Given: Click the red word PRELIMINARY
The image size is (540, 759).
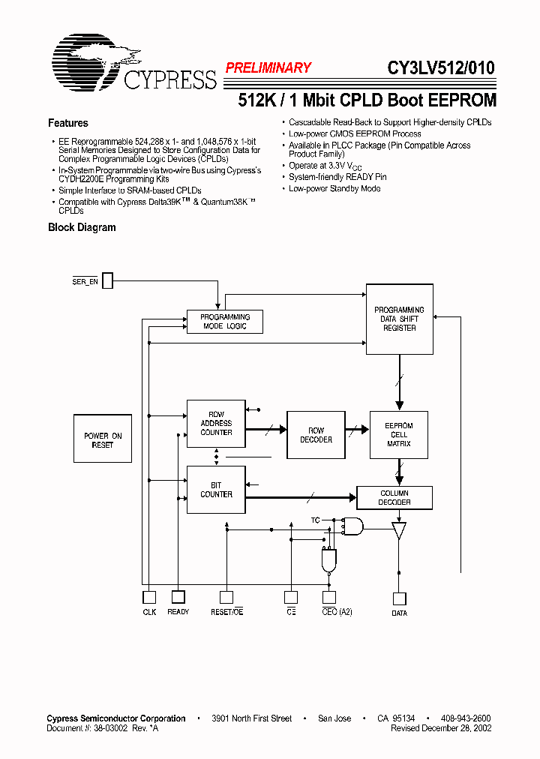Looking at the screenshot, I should pyautogui.click(x=268, y=67).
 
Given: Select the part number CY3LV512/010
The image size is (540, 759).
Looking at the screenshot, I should pyautogui.click(x=440, y=67).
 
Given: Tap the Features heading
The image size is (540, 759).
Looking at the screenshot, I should pyautogui.click(x=68, y=123).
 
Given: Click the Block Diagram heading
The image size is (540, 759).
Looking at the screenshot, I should pyautogui.click(x=82, y=227).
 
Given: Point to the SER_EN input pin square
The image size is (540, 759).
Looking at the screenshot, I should pyautogui.click(x=107, y=280).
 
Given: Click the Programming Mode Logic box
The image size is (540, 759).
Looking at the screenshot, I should pyautogui.click(x=225, y=322).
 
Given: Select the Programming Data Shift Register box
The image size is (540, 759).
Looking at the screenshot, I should pyautogui.click(x=399, y=319).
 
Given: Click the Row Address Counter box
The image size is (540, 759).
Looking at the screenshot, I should pyautogui.click(x=216, y=423).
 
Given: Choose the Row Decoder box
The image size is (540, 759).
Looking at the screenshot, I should pyautogui.click(x=316, y=435).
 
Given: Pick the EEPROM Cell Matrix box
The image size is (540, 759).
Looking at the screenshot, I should pyautogui.click(x=398, y=435).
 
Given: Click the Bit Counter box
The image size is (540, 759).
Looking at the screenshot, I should pyautogui.click(x=216, y=490).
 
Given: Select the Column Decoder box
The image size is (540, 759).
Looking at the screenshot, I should pyautogui.click(x=394, y=497).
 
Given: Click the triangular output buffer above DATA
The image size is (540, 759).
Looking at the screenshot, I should pyautogui.click(x=398, y=531).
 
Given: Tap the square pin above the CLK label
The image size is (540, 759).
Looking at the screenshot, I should pyautogui.click(x=149, y=597).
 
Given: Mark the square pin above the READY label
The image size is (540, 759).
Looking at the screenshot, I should pyautogui.click(x=178, y=597).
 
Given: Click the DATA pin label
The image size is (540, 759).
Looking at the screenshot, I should pyautogui.click(x=399, y=613).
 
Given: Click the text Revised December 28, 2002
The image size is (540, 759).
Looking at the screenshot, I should pyautogui.click(x=440, y=728).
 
